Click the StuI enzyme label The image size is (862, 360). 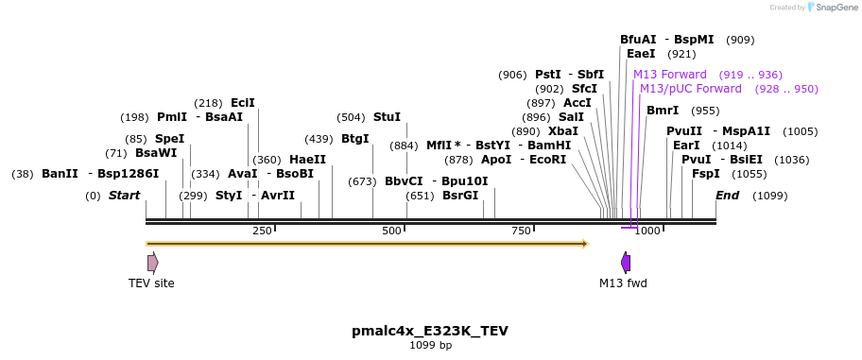pos(387,117)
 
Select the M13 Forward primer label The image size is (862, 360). pos(670,75)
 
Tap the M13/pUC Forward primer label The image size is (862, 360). pos(691,89)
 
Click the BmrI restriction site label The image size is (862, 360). pos(663,111)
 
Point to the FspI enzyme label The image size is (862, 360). pos(705,174)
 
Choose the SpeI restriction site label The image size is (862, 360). pos(169,139)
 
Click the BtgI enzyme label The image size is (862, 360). pos(354,139)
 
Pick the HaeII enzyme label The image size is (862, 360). pos(307,160)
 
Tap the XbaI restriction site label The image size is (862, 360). pos(562,131)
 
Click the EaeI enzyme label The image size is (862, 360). pos(641,54)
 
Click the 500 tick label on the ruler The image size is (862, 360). pos(391,231)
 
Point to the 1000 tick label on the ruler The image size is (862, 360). pos(647,231)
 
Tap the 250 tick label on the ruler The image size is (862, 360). pos(262,231)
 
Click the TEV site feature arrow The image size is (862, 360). pos(152,263)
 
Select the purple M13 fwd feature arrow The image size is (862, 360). pos(625,263)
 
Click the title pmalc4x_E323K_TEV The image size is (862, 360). pos(430,331)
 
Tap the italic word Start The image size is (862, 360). pos(124,196)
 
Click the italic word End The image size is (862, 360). pos(727,196)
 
